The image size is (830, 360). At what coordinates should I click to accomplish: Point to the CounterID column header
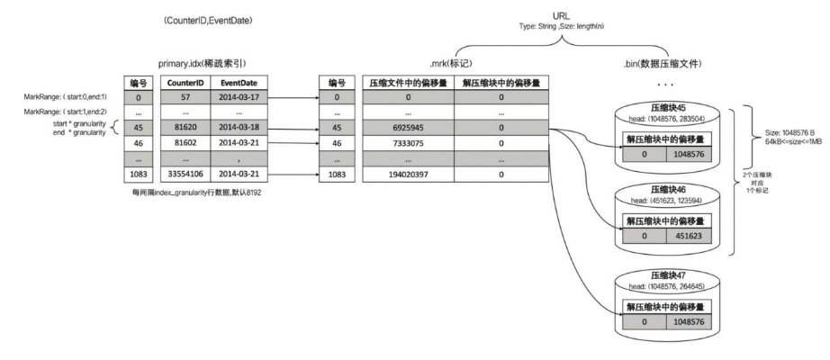click(x=185, y=82)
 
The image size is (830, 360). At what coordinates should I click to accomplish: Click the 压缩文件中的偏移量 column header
click(x=407, y=82)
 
